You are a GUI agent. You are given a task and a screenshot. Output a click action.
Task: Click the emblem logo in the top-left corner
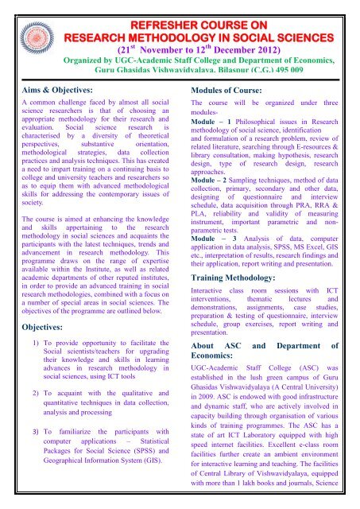pyautogui.click(x=20, y=24)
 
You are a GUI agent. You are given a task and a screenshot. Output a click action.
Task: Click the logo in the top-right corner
pyautogui.click(x=339, y=25)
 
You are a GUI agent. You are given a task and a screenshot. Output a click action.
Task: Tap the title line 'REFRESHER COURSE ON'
pyautogui.click(x=179, y=10)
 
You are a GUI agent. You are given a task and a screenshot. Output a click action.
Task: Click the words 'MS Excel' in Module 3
pyautogui.click(x=307, y=254)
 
